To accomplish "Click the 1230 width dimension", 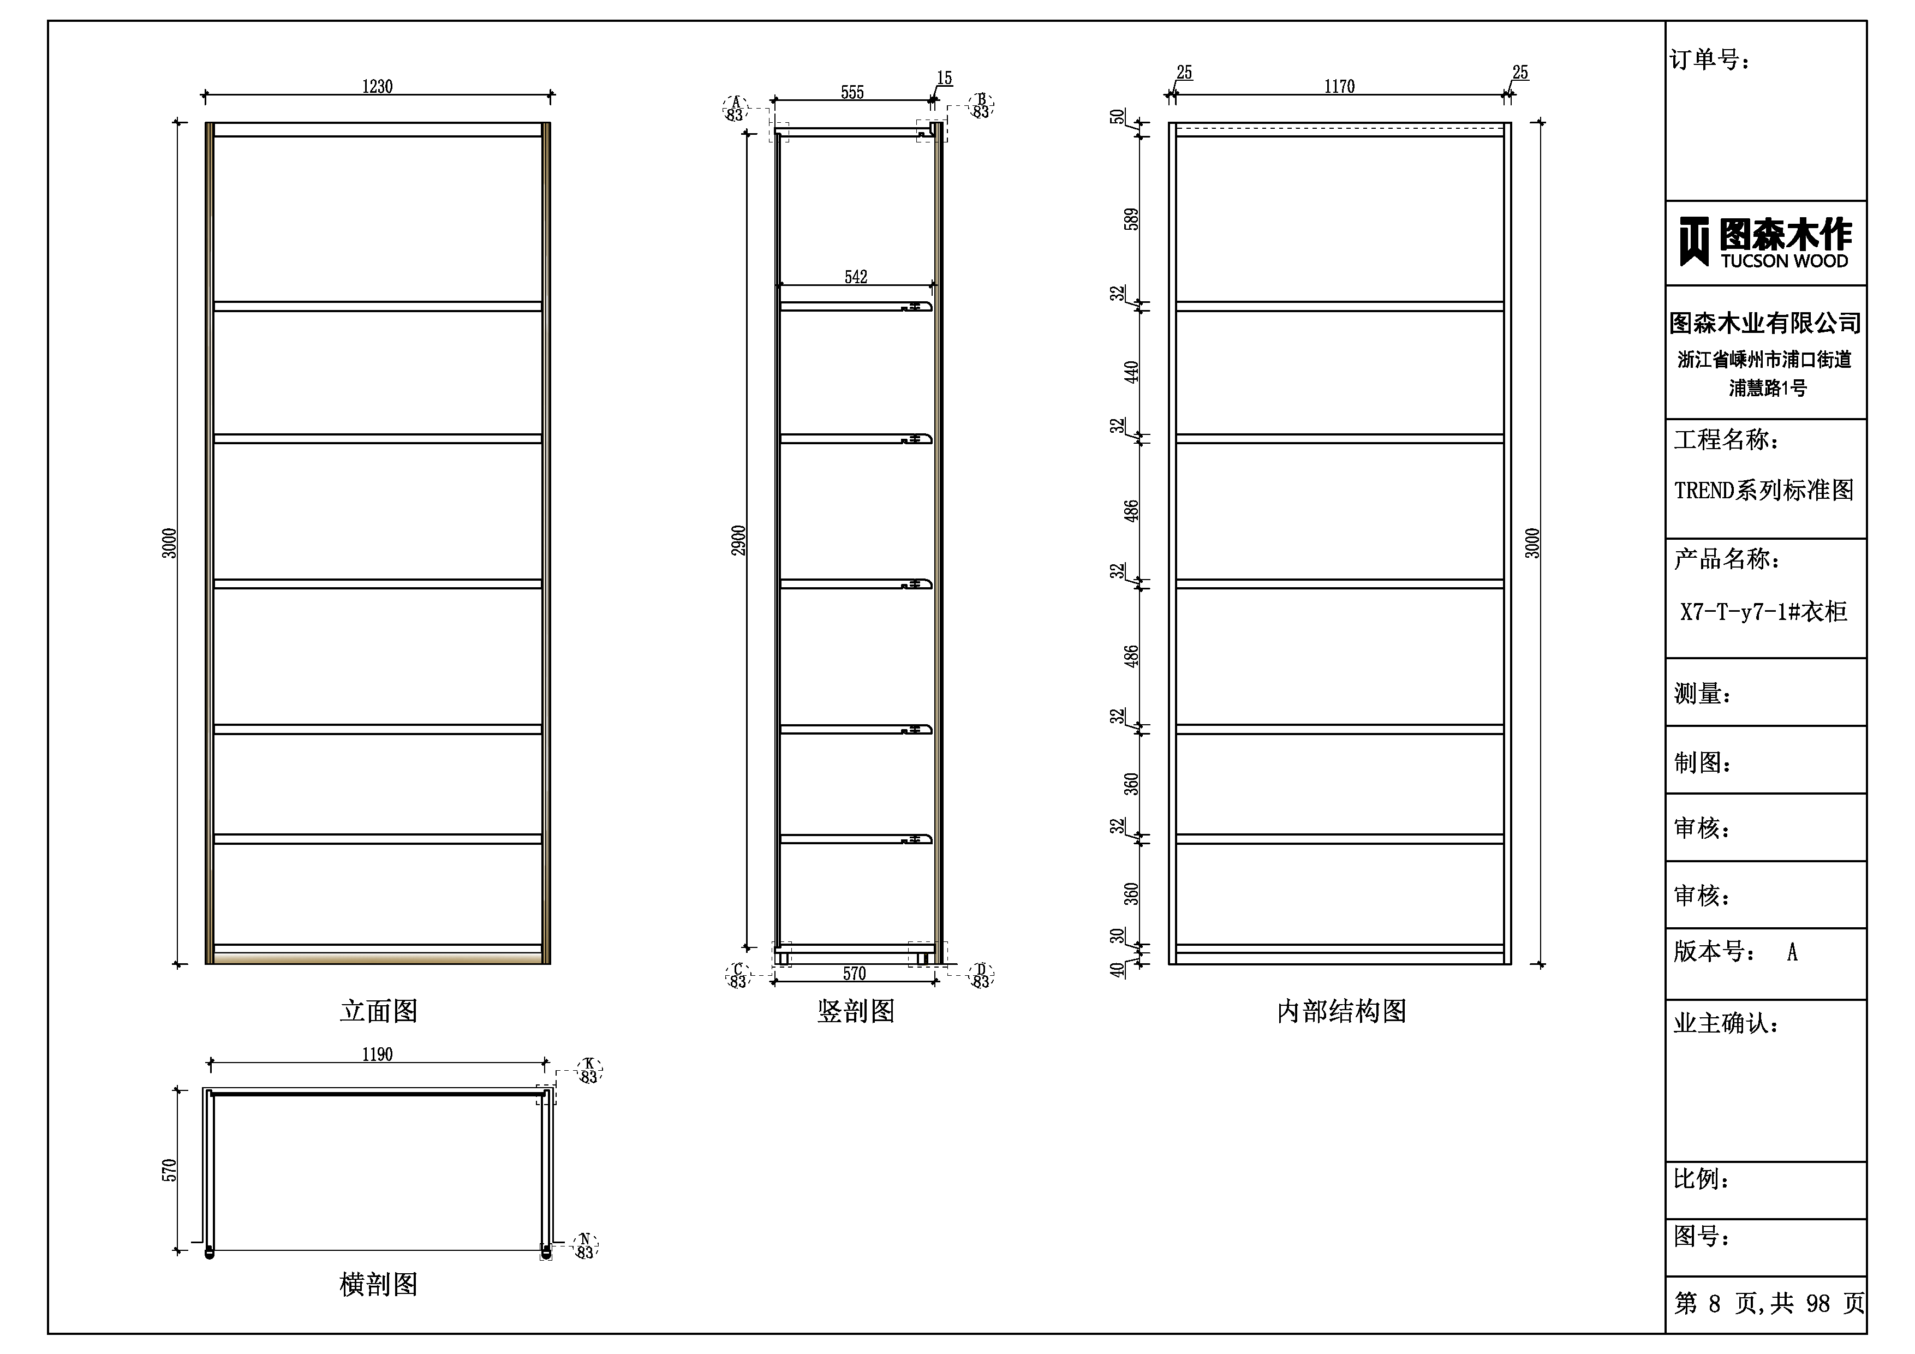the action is tap(377, 87).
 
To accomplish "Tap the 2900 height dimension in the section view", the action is tap(738, 541).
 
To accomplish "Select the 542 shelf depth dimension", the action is tap(856, 277).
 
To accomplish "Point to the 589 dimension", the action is tap(1131, 219).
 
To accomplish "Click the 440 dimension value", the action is tap(1131, 372).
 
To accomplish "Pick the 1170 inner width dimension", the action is tap(1339, 87).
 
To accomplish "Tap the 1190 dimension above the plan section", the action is tap(377, 1054).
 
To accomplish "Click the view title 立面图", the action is tap(379, 1011).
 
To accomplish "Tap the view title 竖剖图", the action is tap(856, 1011).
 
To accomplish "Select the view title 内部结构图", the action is tap(1341, 1011).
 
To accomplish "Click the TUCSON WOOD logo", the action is tap(1765, 242).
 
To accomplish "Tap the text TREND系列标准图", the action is tap(1763, 490).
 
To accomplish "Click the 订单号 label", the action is tap(1710, 59).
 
